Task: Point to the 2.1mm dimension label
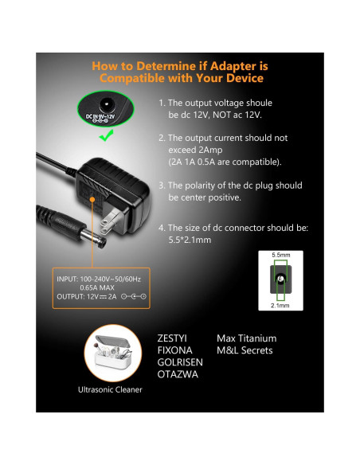coord(280,305)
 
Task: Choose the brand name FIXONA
coord(176,350)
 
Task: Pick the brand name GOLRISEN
coord(181,362)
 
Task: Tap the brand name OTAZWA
coord(178,374)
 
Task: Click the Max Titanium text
coord(246,338)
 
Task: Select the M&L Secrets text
coord(245,350)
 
